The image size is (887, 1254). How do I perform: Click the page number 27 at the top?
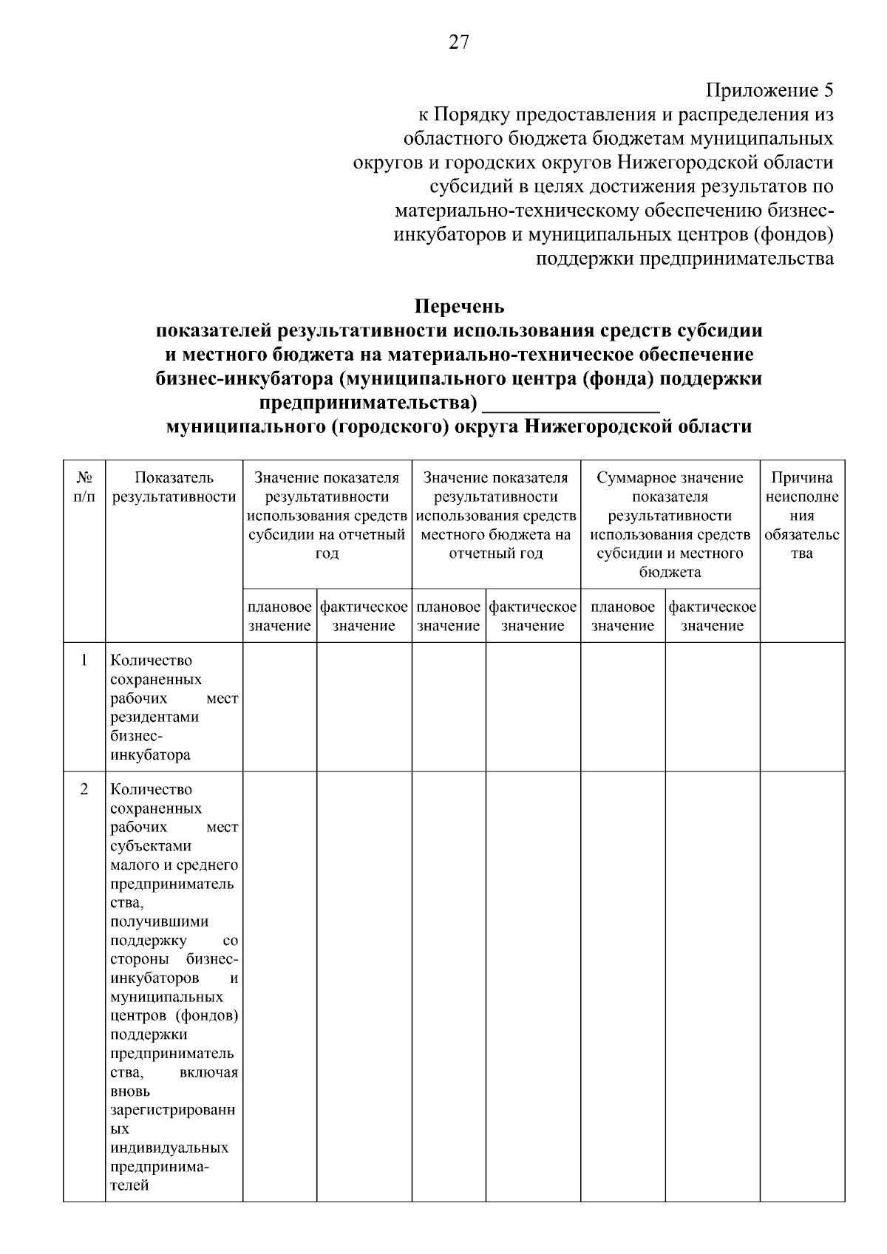tap(458, 43)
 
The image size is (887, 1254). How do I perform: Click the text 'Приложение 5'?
tap(769, 91)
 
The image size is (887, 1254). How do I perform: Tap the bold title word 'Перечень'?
tap(459, 306)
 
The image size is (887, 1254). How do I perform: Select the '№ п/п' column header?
tap(84, 488)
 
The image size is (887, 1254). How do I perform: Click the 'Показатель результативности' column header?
tap(174, 488)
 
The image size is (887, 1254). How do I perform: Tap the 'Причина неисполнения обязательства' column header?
tap(802, 516)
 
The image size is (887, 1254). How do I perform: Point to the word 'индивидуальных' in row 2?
tap(169, 1148)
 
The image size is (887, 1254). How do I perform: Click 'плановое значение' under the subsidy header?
tap(279, 616)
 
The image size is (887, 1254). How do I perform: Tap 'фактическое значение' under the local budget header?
tap(532, 616)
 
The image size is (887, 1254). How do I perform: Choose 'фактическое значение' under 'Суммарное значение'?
tap(712, 616)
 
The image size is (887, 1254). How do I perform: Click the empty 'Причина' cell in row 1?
tap(802, 706)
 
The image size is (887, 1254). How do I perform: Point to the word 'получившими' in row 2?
tap(159, 922)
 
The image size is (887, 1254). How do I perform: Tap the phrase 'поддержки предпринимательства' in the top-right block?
tap(684, 259)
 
